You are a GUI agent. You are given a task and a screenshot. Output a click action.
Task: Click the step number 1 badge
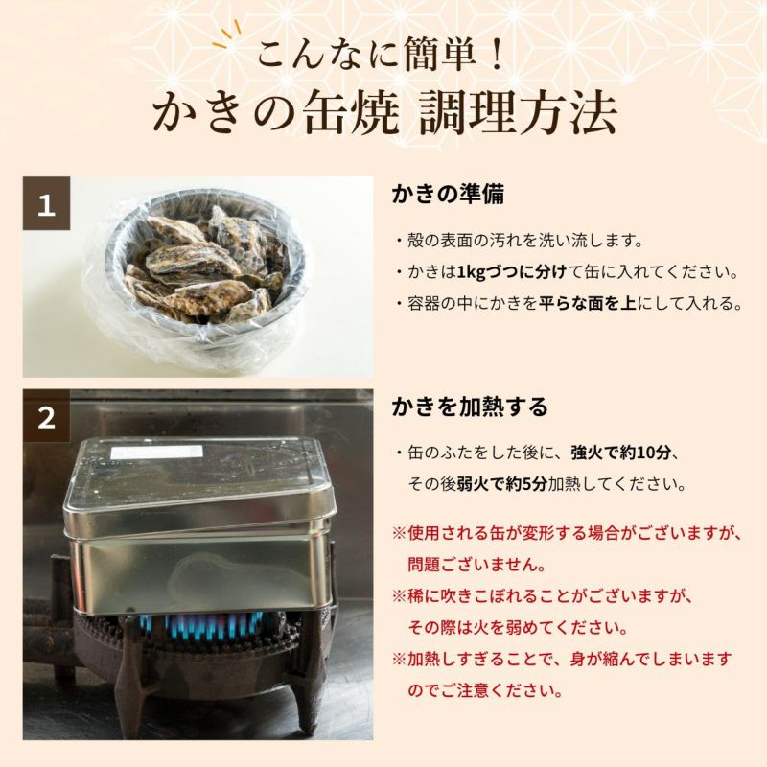coord(46,203)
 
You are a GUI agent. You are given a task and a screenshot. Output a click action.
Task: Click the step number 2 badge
coord(46,416)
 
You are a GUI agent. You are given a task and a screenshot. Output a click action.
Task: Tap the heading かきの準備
coord(448,195)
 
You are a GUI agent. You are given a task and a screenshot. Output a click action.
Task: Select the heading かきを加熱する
coord(470,407)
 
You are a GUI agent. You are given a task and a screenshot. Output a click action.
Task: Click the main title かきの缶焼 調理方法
coord(384,114)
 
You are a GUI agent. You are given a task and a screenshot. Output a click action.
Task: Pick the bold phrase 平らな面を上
coord(587,303)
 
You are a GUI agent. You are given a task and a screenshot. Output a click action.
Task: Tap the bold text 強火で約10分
coord(620,453)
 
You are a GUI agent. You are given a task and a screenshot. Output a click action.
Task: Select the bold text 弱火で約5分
coord(501,484)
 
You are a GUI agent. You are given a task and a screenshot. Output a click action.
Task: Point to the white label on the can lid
coord(156,453)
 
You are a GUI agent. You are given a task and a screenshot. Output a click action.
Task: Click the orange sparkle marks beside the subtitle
coord(228,34)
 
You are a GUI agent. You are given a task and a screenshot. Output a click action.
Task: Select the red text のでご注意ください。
coord(485,690)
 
